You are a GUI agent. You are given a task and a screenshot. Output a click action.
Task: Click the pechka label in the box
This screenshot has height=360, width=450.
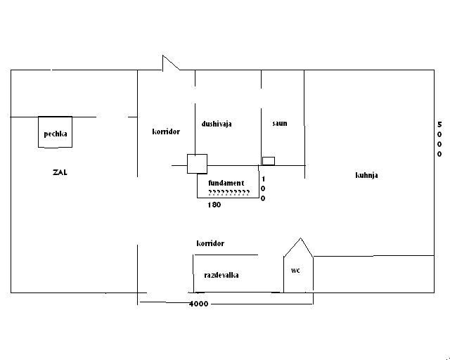[55, 134]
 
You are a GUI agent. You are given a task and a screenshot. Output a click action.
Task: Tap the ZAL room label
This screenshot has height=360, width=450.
[59, 172]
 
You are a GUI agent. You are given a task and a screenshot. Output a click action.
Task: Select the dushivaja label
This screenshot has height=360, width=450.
[217, 124]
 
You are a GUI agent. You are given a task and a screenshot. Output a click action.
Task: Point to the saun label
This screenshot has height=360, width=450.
[280, 124]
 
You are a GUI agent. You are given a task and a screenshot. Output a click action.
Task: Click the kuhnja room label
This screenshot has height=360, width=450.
[366, 175]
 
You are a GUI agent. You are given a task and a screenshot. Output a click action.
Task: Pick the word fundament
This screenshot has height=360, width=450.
[226, 183]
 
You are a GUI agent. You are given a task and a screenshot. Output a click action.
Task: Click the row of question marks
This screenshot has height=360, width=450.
[229, 192]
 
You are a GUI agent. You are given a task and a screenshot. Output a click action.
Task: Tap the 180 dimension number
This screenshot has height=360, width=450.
[214, 205]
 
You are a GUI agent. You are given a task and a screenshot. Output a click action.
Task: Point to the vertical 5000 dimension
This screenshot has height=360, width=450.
[439, 139]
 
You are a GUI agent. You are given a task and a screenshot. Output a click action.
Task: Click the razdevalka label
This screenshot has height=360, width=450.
[221, 275]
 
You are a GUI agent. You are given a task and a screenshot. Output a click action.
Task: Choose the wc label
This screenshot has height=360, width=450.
[295, 269]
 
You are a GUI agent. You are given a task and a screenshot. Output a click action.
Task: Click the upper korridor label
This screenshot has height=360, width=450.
[166, 131]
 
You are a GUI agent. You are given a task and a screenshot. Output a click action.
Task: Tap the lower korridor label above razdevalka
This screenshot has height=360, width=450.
[210, 243]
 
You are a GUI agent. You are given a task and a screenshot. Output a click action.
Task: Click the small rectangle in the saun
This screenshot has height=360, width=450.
[268, 160]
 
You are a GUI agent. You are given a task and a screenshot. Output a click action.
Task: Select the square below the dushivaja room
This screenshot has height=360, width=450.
[197, 163]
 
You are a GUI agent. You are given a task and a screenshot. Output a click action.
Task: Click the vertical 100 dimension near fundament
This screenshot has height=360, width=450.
[263, 188]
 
